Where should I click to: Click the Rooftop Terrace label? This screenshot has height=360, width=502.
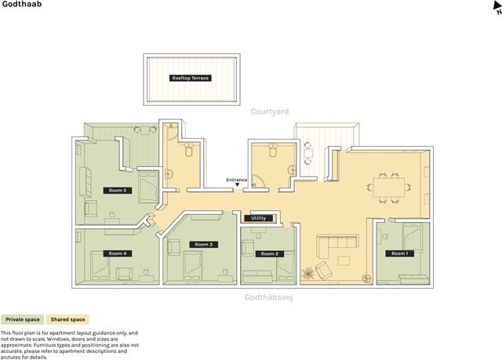click(190, 78)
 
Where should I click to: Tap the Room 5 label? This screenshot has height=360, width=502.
click(118, 191)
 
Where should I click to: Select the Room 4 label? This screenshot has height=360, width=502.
click(118, 253)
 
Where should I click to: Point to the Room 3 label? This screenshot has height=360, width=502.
click(204, 245)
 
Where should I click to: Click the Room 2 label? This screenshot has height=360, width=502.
click(270, 254)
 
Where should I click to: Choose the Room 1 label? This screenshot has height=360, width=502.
click(400, 253)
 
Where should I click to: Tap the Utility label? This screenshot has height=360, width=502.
click(258, 218)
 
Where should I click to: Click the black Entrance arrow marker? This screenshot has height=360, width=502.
click(237, 184)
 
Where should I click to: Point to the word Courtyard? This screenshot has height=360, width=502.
click(270, 111)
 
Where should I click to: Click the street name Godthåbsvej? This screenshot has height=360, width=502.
click(268, 297)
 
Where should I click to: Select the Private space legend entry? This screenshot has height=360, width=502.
click(23, 319)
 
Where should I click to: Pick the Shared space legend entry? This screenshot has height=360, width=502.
click(67, 319)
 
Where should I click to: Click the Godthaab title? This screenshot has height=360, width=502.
click(22, 4)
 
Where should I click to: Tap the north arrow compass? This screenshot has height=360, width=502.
click(497, 8)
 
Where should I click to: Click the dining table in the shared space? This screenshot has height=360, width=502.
click(389, 187)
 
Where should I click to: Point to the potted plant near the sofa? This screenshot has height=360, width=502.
click(307, 274)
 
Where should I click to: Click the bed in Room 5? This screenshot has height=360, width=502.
click(148, 187)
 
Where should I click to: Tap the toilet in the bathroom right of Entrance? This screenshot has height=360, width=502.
click(273, 151)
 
